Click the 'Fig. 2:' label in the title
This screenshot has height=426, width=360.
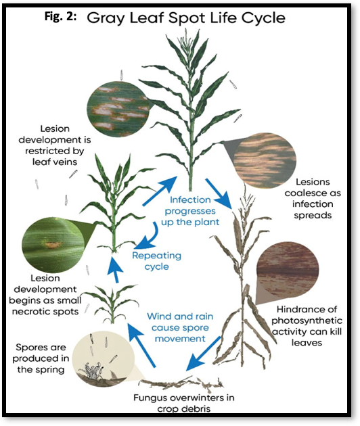click(x=60, y=17)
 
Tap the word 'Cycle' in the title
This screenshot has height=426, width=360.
click(x=263, y=18)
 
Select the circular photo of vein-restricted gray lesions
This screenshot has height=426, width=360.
click(x=118, y=109)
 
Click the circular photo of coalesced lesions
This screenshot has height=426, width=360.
click(x=265, y=160)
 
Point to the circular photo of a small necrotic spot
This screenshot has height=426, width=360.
click(x=53, y=245)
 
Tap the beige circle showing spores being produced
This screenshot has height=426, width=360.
click(x=104, y=358)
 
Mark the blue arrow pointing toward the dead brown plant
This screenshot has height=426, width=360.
click(x=219, y=193)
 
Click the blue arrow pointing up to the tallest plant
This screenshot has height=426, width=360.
click(x=160, y=191)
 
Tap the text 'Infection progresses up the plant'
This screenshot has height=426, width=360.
click(x=190, y=211)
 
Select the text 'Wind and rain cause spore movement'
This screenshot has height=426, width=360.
click(x=180, y=327)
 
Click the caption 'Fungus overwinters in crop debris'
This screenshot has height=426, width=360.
click(x=184, y=403)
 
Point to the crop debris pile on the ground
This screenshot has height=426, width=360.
click(x=181, y=383)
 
